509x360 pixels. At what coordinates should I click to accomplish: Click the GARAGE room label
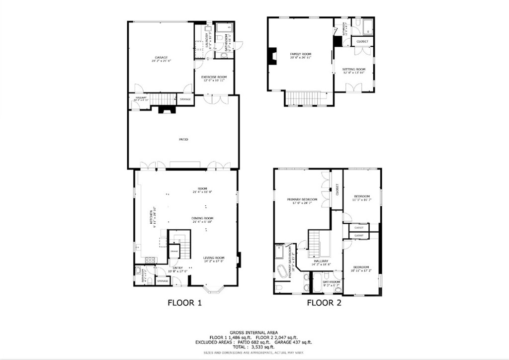coord(161,57)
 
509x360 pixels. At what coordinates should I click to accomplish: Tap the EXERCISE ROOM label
coord(214,77)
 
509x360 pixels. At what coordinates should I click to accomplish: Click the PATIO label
coord(183,139)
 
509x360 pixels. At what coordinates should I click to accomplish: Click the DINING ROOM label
coord(202,218)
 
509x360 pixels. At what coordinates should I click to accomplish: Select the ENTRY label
coord(177,268)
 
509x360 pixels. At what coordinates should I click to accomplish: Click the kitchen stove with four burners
coord(150,260)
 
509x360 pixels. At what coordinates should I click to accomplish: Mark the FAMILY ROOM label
coord(301,54)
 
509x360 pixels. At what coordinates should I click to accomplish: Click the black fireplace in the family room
coord(271,56)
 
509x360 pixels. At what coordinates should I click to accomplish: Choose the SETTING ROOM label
coord(353,70)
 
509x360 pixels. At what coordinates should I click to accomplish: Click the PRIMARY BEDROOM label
coord(302,199)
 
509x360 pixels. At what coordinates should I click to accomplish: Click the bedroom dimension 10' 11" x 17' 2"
coord(361,270)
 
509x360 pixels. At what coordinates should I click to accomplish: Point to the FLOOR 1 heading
coord(184,302)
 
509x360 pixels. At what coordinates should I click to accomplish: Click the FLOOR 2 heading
coord(324,302)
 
